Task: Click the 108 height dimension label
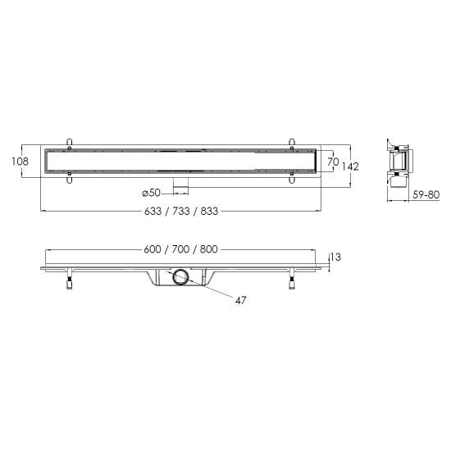click(x=20, y=162)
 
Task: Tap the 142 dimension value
click(x=350, y=166)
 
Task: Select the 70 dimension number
click(x=333, y=162)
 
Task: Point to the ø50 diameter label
click(x=152, y=193)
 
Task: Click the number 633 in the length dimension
click(x=153, y=211)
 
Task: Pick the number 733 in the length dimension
click(x=181, y=211)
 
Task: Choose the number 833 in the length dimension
click(x=209, y=211)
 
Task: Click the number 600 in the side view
click(x=153, y=249)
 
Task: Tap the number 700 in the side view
click(x=180, y=249)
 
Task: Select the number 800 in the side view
click(x=209, y=249)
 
